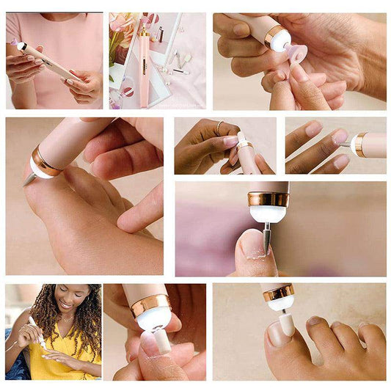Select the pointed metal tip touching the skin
click(29, 178)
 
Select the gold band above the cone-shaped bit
click(268, 200)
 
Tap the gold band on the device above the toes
click(279, 293)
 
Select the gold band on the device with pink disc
click(277, 34)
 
